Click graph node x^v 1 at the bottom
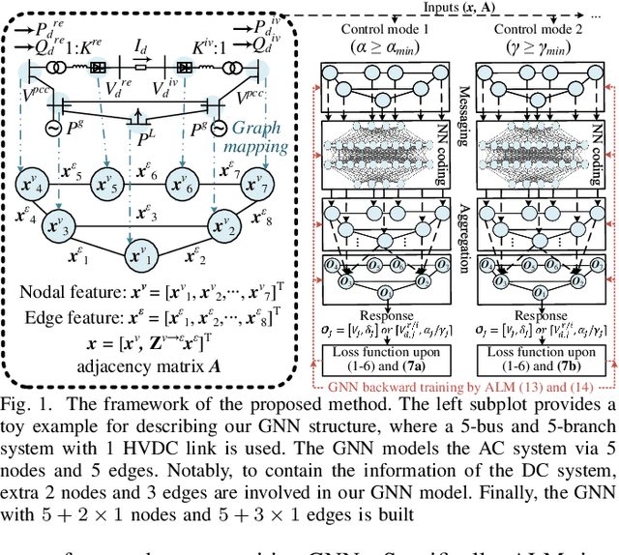click(x=142, y=259)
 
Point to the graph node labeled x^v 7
click(x=256, y=184)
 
